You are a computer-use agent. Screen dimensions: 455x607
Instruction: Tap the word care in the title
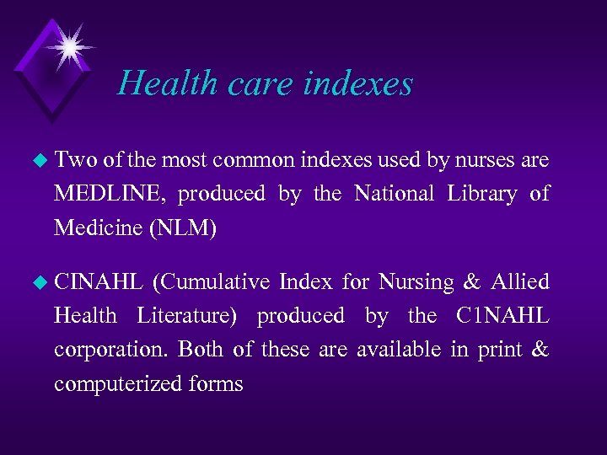[x=246, y=83]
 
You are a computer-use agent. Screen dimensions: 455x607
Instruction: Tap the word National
[x=394, y=194]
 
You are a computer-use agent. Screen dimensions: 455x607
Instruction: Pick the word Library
[x=481, y=194]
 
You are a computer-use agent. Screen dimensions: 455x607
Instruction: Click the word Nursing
[x=416, y=281]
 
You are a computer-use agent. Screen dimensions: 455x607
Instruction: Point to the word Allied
[x=521, y=281]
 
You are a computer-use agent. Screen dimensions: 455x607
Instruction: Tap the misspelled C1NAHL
[x=502, y=316]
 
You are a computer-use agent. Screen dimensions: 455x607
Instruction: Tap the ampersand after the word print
[x=539, y=350]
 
